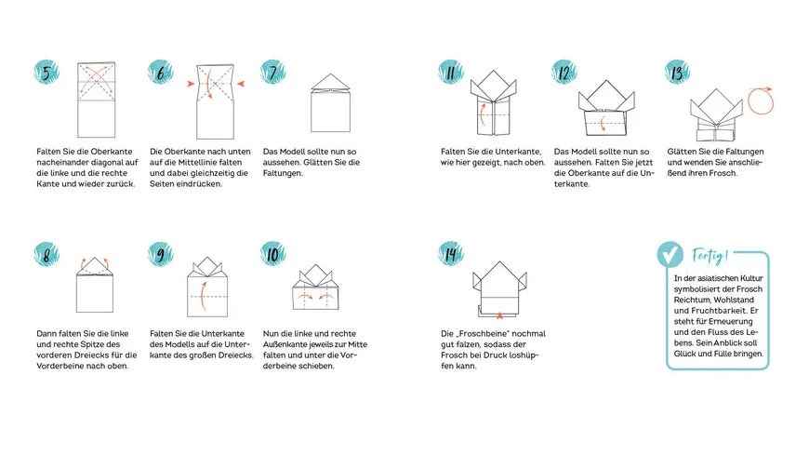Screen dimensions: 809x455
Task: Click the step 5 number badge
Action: pos(46,73)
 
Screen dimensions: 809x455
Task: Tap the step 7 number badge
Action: pos(273,73)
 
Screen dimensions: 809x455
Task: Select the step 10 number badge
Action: pos(273,254)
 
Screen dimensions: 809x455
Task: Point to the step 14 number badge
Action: pos(451,254)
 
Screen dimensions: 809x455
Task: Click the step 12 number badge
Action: pos(564,73)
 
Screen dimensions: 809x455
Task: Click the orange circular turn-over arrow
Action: pos(761,100)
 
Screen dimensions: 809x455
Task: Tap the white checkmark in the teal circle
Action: pos(670,255)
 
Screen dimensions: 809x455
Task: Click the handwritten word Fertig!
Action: pos(710,255)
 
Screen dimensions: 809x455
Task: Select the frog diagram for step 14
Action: pos(499,289)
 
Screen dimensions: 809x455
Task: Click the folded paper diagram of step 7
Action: pos(331,102)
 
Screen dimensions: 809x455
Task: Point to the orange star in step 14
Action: pos(499,315)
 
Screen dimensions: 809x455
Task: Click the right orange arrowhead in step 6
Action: pos(241,84)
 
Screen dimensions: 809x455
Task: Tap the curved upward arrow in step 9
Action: pos(204,297)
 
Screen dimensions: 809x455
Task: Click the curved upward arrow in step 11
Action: pos(483,114)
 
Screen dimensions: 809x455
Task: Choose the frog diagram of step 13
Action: pos(716,114)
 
